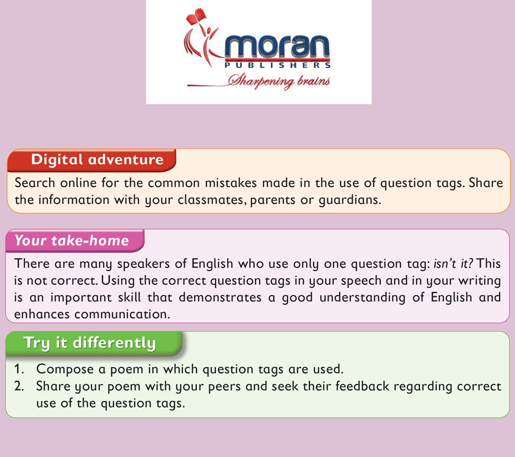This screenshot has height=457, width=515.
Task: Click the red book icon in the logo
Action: pos(196,16)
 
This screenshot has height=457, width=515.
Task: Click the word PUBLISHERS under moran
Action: pos(278,65)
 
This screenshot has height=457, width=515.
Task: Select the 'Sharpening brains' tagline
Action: pos(279,81)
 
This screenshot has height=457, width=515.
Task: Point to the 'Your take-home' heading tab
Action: pos(75,241)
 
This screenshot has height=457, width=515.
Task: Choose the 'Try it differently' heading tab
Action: pos(94,343)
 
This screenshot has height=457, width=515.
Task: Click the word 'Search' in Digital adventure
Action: pos(35,183)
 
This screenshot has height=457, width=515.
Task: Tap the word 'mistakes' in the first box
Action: pos(231,183)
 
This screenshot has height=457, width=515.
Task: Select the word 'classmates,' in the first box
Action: pos(212,200)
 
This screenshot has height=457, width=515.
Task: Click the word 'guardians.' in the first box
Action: pos(350,200)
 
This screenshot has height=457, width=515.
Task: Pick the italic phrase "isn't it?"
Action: pos(454,263)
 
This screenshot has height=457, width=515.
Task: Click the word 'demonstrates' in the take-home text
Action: pos(220,297)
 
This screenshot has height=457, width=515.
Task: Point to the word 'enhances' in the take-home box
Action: pos(42,314)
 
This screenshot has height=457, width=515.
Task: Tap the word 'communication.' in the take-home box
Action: pos(122,314)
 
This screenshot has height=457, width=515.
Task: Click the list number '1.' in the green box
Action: pos(19,369)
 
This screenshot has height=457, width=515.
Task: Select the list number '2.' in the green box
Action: pos(19,386)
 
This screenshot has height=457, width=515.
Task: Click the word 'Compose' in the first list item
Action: pos(65,369)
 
